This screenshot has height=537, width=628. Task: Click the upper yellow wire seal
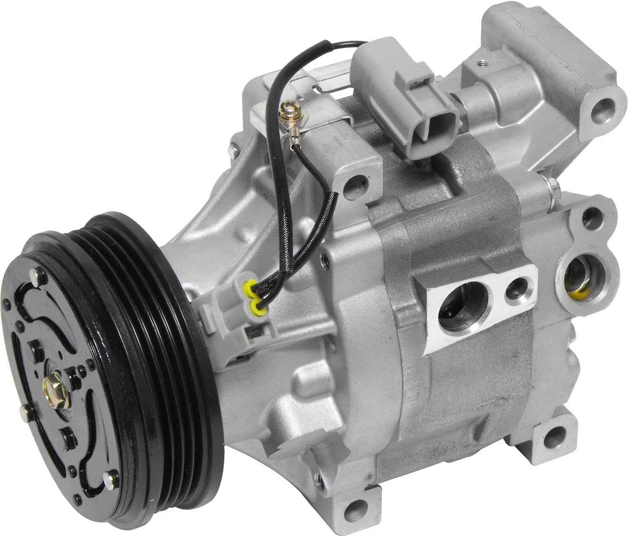coord(248,287)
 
